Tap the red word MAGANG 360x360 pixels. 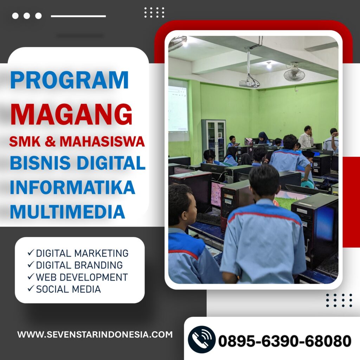[71, 114]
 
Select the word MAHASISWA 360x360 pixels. [102, 141]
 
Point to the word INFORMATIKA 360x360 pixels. [72, 187]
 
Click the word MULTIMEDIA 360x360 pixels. [67, 211]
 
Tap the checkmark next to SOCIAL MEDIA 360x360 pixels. [31, 288]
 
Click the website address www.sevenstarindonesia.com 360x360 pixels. [95, 334]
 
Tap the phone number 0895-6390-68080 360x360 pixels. [285, 341]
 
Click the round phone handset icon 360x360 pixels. [201, 339]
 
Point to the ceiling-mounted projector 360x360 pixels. [249, 83]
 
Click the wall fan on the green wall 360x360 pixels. [294, 73]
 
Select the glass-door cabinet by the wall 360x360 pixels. [213, 140]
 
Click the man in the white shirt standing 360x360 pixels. [306, 137]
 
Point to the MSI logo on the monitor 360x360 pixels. [214, 169]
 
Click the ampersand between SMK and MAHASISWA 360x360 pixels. [50, 141]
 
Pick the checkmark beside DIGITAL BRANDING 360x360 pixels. [31, 264]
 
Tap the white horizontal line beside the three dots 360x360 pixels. [78, 16]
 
